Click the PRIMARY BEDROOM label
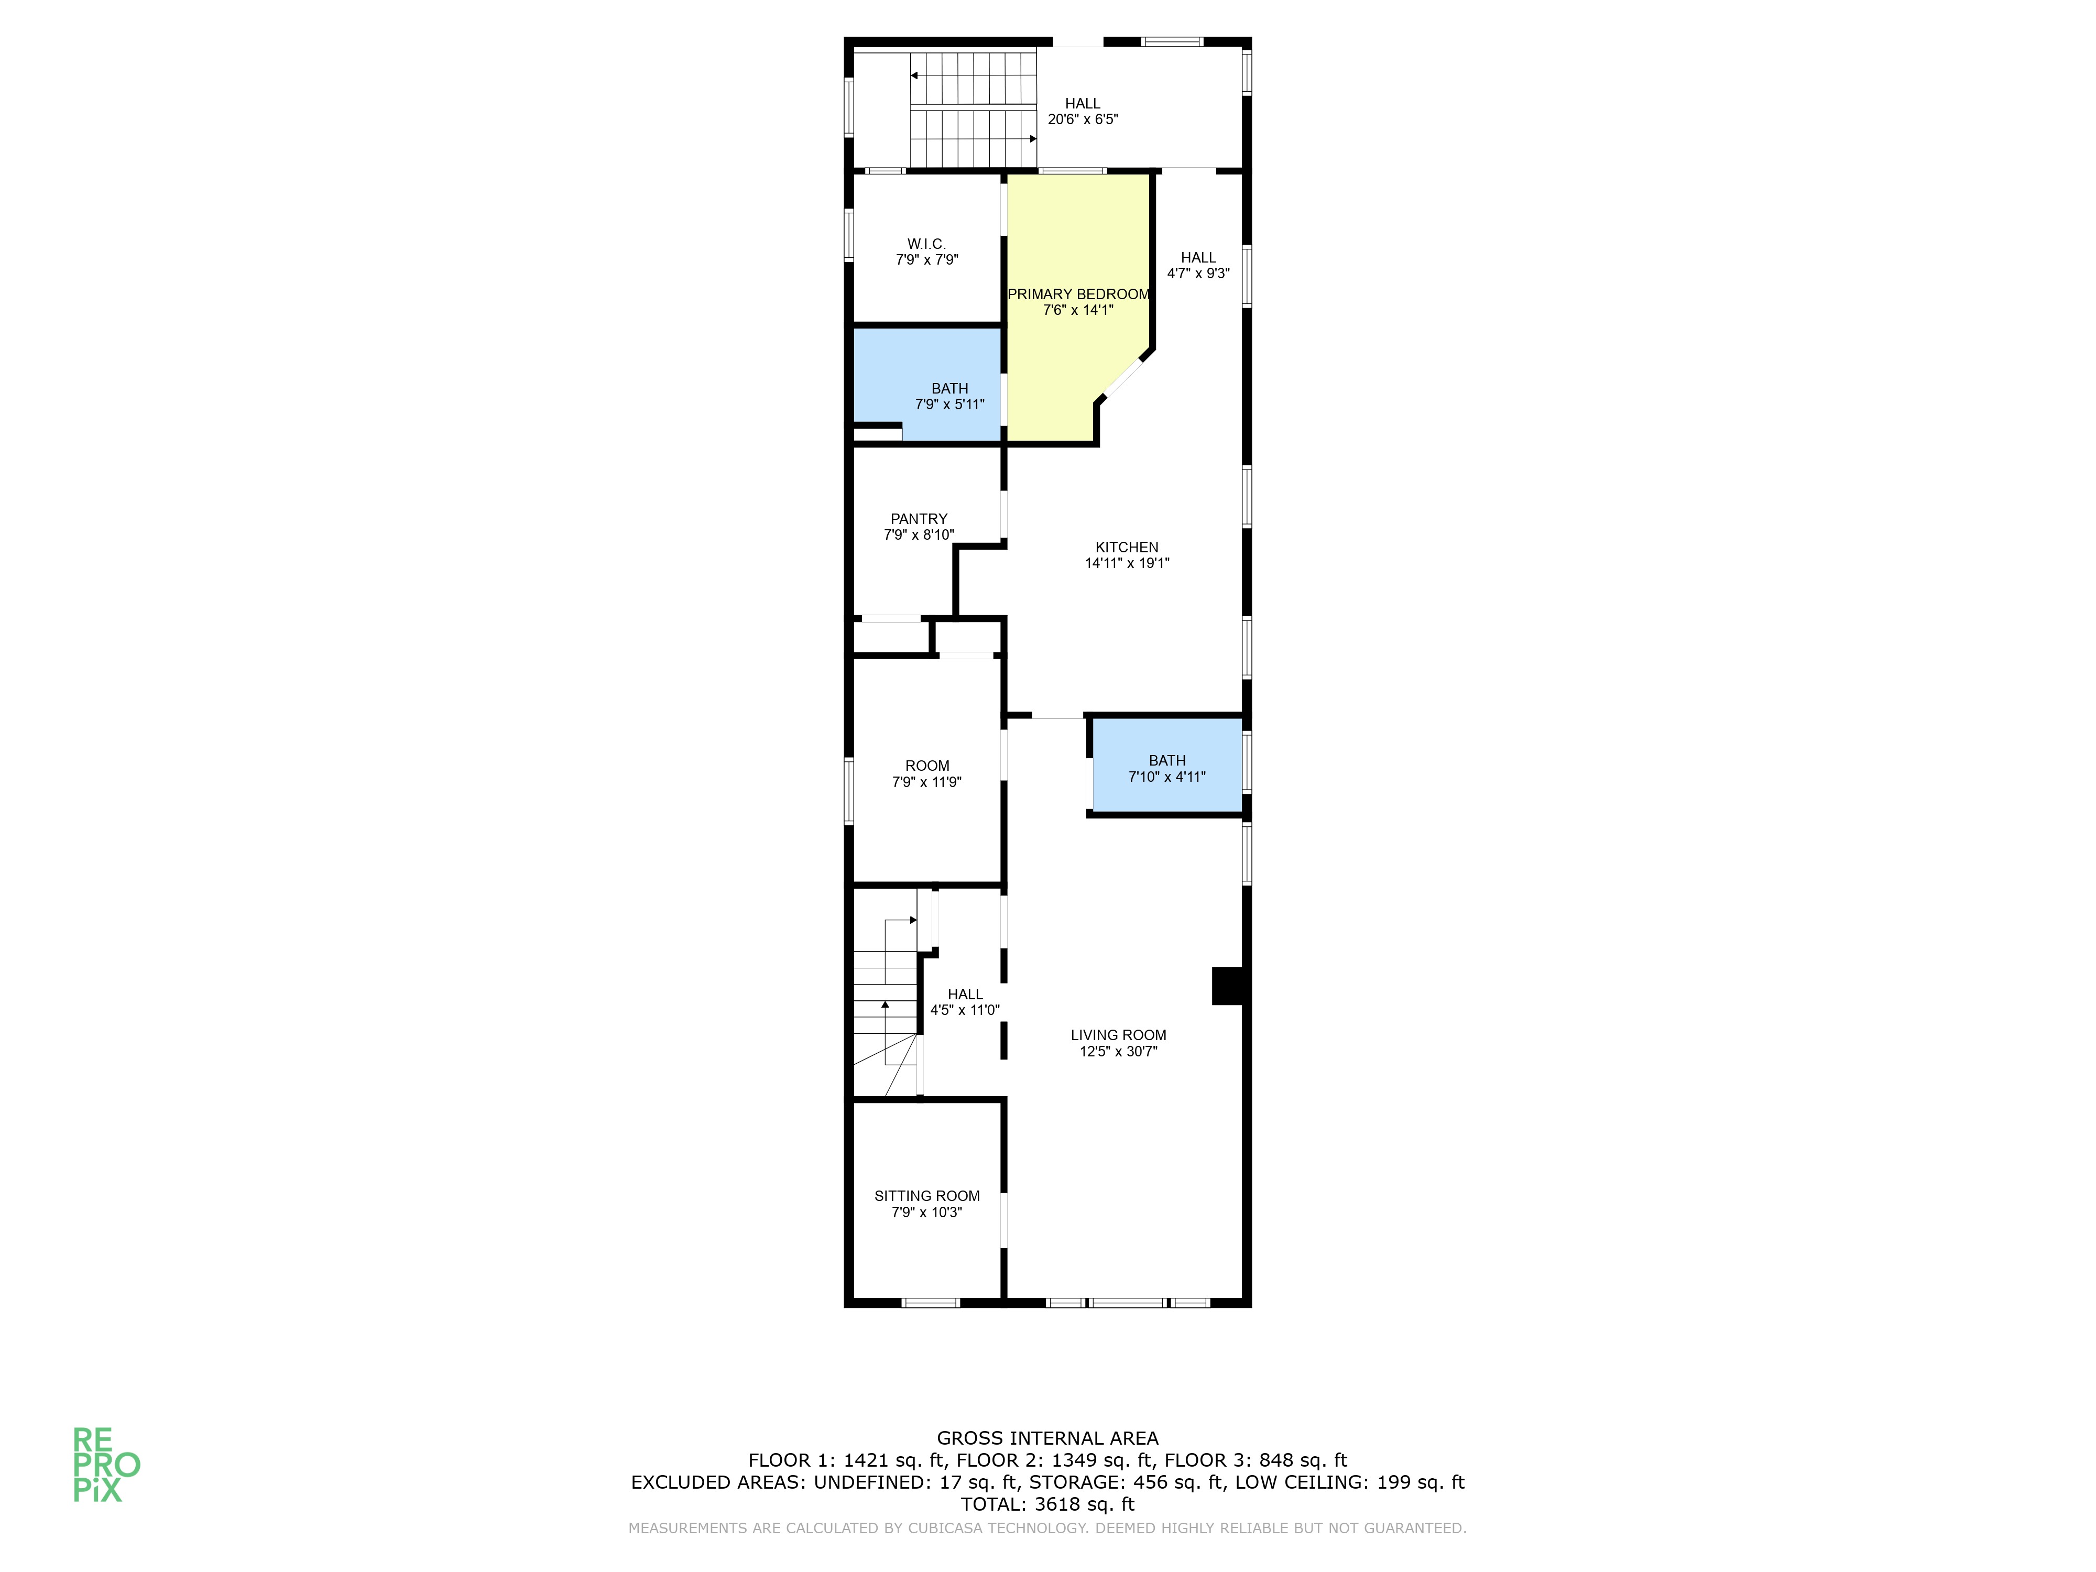(1078, 294)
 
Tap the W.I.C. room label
(927, 245)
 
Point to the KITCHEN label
(1127, 548)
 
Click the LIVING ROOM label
(1118, 1035)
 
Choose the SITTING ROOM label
(927, 1197)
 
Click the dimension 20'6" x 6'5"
(1083, 119)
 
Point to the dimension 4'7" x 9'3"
(1199, 274)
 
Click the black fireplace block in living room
(1228, 986)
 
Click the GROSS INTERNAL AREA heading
(1048, 1438)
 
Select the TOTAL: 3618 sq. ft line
(1048, 1504)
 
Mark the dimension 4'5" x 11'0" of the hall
(965, 1010)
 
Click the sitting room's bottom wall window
(931, 1303)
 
